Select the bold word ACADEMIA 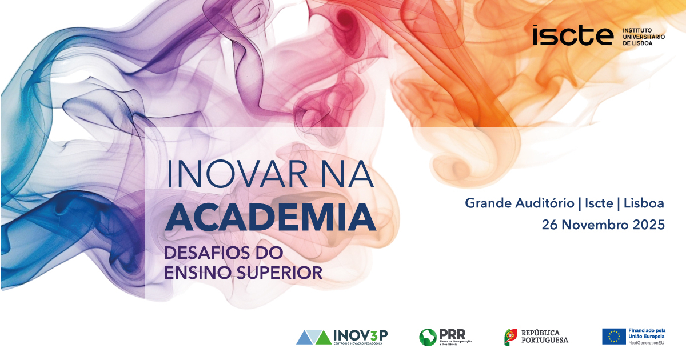270,218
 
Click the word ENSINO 194,272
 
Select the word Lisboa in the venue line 644,203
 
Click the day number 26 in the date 550,225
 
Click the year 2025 648,225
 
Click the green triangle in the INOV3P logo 323,338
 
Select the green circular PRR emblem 428,337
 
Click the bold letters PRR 453,334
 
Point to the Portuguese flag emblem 510,337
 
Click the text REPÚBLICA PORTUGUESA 544,337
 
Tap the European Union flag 613,337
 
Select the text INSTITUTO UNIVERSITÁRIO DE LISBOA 643,36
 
